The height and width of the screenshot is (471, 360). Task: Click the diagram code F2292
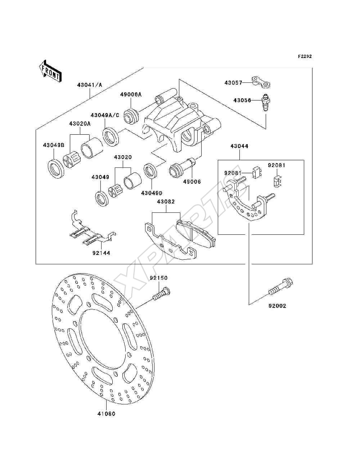[x=305, y=57]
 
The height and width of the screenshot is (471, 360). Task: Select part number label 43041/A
[x=90, y=85]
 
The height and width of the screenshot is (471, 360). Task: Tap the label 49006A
[x=131, y=94]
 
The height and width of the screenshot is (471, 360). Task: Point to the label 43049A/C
[x=105, y=115]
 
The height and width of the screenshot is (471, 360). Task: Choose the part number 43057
[x=233, y=82]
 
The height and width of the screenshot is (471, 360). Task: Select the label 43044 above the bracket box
[x=239, y=146]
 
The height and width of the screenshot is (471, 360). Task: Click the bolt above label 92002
[x=281, y=286]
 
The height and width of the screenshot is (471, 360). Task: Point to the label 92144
[x=101, y=253]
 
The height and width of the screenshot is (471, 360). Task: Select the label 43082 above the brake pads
[x=166, y=202]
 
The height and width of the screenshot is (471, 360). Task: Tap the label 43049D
[x=152, y=193]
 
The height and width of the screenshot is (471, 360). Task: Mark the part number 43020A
[x=80, y=124]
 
